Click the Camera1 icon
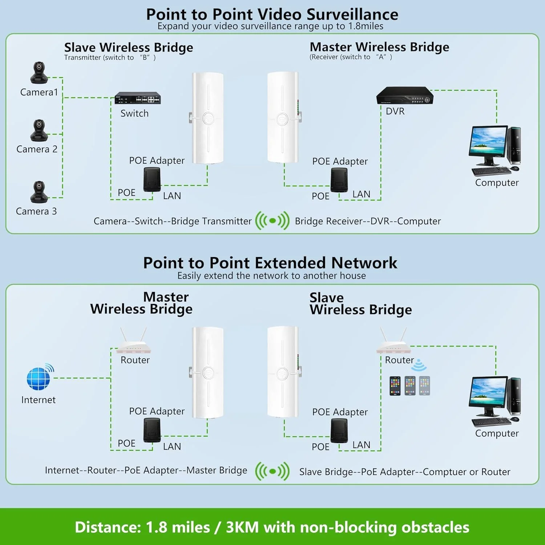(x=39, y=73)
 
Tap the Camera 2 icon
(x=39, y=130)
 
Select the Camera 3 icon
(x=39, y=191)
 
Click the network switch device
(x=137, y=98)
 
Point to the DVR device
(x=404, y=96)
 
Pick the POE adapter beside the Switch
(x=152, y=179)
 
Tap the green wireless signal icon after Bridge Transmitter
(x=272, y=221)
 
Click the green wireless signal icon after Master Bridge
(x=272, y=472)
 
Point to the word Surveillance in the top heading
(x=352, y=15)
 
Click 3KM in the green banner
(x=242, y=527)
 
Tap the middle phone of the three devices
(x=410, y=385)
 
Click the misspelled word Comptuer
(x=444, y=472)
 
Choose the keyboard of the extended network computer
(x=490, y=422)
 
